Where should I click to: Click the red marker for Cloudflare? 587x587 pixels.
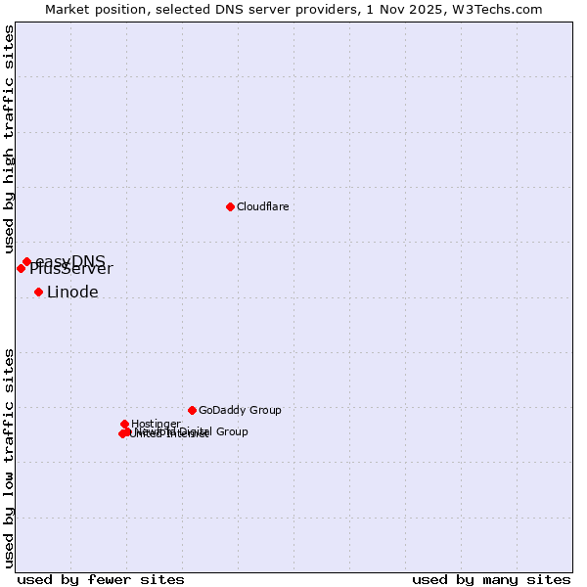230,206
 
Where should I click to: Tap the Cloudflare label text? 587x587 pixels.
262,206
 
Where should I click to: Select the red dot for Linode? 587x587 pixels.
38,292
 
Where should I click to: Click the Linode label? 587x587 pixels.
72,293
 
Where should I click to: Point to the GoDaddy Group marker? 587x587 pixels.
192,410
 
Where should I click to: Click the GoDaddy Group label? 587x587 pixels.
240,410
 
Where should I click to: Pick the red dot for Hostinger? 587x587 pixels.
125,424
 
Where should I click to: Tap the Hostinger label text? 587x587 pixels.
156,424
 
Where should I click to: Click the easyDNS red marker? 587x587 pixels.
26,261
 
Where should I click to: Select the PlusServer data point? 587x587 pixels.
21,268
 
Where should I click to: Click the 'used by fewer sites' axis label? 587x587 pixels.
101,579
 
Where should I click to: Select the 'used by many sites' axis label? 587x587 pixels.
491,579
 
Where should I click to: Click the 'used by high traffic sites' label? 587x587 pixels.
9,140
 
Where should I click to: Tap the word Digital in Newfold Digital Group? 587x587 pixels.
193,431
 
